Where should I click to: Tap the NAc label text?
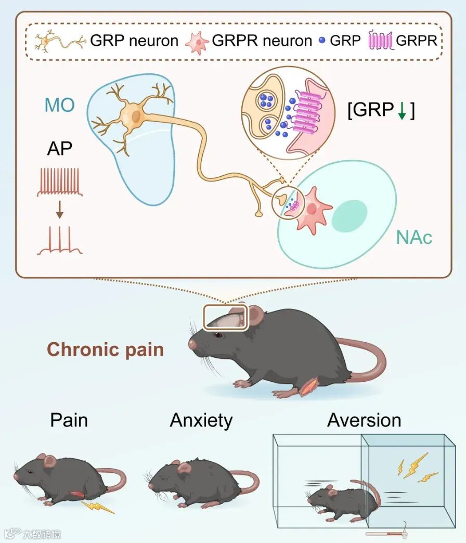(414, 238)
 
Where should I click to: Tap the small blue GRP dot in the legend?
(321, 41)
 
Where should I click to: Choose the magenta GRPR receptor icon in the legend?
(381, 41)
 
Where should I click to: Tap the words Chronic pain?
(106, 349)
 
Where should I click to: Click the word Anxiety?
(201, 420)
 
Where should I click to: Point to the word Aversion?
(364, 420)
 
